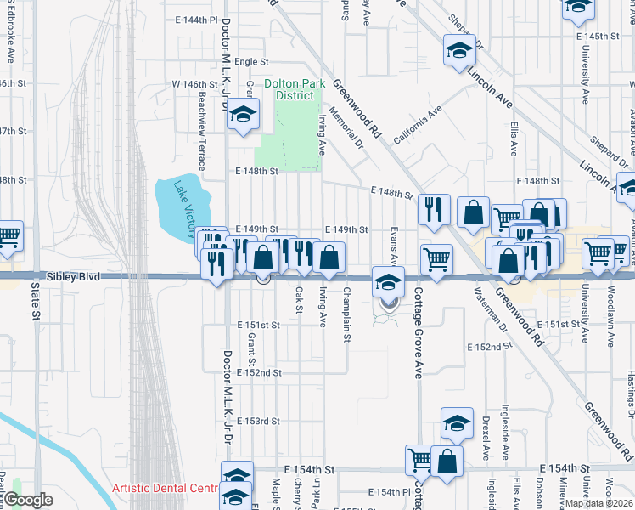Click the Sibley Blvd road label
(71, 277)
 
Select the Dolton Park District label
(288, 89)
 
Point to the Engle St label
(251, 62)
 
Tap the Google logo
(28, 501)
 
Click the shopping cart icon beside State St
(8, 235)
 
